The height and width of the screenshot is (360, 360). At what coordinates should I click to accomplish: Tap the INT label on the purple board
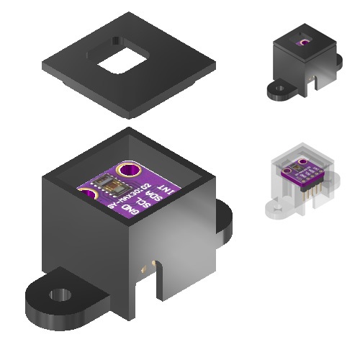point(165,191)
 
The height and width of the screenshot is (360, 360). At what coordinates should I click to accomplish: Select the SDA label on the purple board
point(153,197)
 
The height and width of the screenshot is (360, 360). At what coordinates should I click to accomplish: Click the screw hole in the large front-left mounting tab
point(60,295)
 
